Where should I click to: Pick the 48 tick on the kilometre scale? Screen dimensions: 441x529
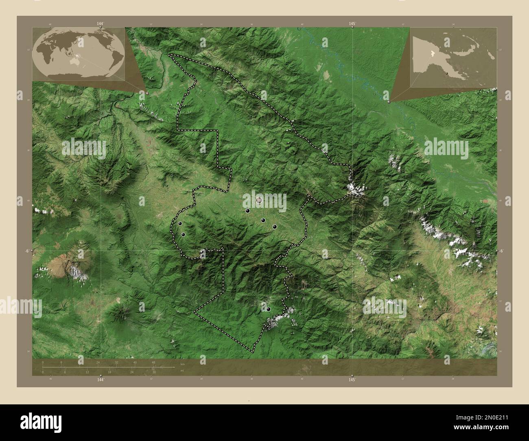[153, 362]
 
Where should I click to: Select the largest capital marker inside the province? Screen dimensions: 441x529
[259, 200]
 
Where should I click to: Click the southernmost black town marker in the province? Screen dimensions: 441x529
[268, 310]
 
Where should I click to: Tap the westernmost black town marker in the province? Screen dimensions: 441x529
[180, 223]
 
